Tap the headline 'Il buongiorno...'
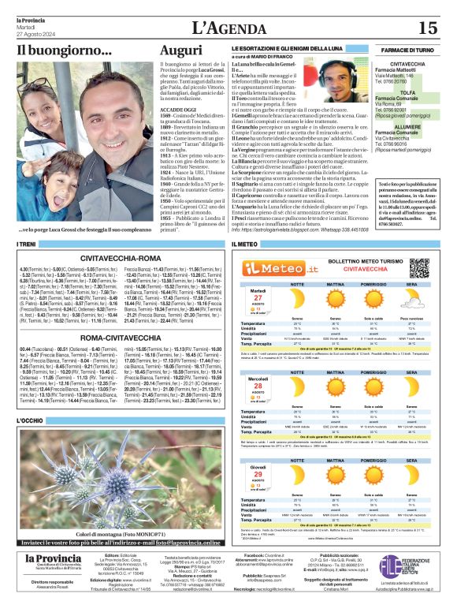(64, 51)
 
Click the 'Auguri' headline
(180, 51)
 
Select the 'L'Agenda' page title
(228, 28)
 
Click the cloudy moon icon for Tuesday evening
(414, 301)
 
